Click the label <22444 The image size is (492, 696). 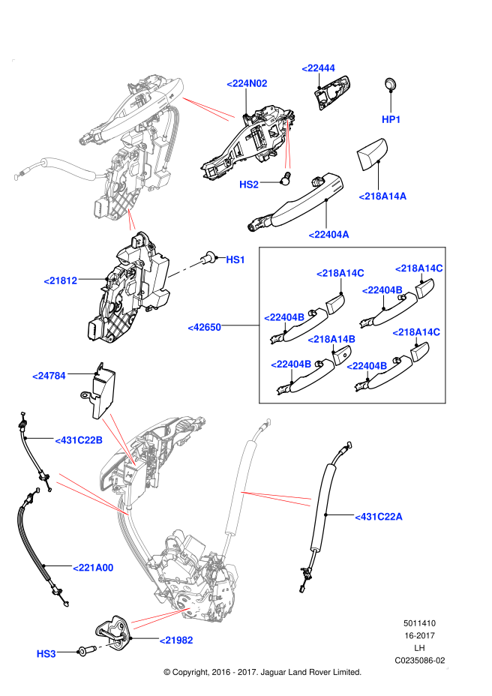(x=318, y=68)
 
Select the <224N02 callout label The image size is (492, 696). (x=247, y=83)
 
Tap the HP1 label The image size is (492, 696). (x=391, y=119)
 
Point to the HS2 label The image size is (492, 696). (x=248, y=184)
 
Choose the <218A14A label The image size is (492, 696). (x=382, y=196)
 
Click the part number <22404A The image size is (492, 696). (x=328, y=235)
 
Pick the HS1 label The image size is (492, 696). (x=235, y=259)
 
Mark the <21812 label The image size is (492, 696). (x=60, y=280)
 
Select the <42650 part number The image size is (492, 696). (x=204, y=327)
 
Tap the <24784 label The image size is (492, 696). (x=49, y=376)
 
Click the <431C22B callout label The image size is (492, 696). (x=79, y=440)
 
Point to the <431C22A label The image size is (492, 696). (x=378, y=517)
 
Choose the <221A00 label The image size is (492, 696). (x=93, y=568)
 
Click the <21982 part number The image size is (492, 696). (x=176, y=640)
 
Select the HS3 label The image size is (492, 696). (x=46, y=654)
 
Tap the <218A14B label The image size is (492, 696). (x=331, y=339)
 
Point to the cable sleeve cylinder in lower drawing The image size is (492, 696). (x=239, y=487)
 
